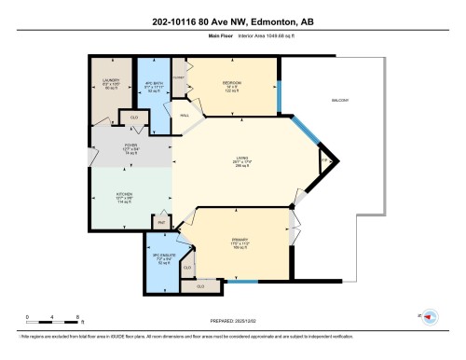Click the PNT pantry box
(x=161, y=223)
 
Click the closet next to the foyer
(x=134, y=118)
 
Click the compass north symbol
(x=430, y=316)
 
